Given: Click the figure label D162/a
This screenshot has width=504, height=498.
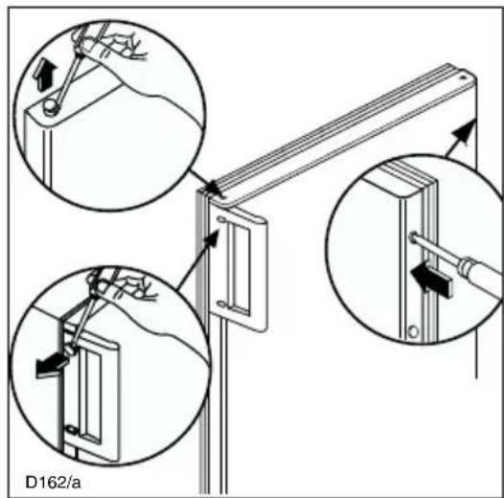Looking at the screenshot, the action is (x=53, y=483).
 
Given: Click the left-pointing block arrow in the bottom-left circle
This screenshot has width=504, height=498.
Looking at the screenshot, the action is (x=52, y=365).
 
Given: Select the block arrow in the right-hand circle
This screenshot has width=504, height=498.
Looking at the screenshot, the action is (x=431, y=280).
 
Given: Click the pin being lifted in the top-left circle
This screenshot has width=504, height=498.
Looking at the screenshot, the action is (x=51, y=107).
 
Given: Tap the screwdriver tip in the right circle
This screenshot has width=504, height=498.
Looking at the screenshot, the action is (x=413, y=238).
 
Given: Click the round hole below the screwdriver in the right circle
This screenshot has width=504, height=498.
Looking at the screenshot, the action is (x=413, y=331).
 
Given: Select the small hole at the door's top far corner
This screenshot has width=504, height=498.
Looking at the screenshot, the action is (x=462, y=78).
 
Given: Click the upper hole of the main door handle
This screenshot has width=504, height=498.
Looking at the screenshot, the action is (x=221, y=219).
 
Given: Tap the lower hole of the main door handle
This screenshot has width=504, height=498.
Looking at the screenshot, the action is (x=221, y=303).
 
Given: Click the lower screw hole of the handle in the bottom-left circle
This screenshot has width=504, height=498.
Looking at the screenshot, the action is (x=71, y=429).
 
